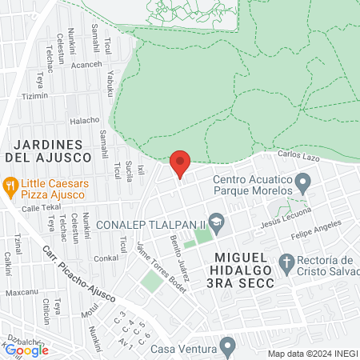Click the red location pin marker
(x=181, y=163)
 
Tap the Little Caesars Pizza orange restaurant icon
(x=10, y=188)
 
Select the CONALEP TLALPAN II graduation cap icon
(x=215, y=221)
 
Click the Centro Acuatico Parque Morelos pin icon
(x=302, y=184)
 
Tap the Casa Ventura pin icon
(x=228, y=346)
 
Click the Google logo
(x=26, y=350)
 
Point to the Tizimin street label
(x=34, y=96)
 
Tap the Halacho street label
(x=85, y=120)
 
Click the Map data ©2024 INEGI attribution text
(x=311, y=354)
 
